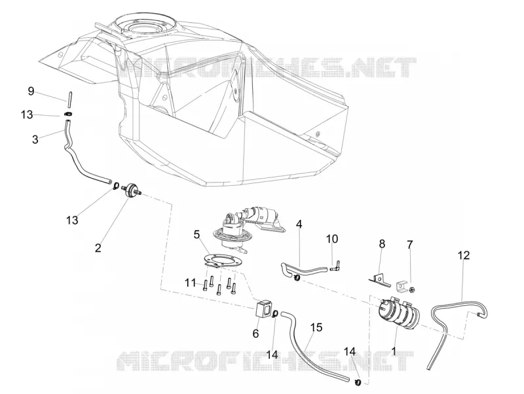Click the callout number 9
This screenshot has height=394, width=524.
point(31,91)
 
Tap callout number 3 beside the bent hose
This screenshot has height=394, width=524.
point(35,139)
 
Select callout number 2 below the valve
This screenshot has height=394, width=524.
point(98,248)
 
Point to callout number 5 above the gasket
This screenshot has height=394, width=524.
point(197,235)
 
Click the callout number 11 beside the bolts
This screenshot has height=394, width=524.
point(191,283)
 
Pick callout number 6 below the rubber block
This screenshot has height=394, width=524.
point(255,333)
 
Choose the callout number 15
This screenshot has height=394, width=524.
point(316,327)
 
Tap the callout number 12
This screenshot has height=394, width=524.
point(464,255)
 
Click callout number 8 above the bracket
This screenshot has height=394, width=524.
point(382,244)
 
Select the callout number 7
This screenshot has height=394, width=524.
point(410,244)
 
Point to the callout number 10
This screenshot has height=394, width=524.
point(332,239)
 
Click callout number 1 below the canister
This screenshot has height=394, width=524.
point(394,351)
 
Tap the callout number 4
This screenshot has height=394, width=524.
point(299,224)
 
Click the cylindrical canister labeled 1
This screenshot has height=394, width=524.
point(397,311)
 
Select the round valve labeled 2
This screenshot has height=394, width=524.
point(132,189)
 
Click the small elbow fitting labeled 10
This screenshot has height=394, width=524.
point(335,266)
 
